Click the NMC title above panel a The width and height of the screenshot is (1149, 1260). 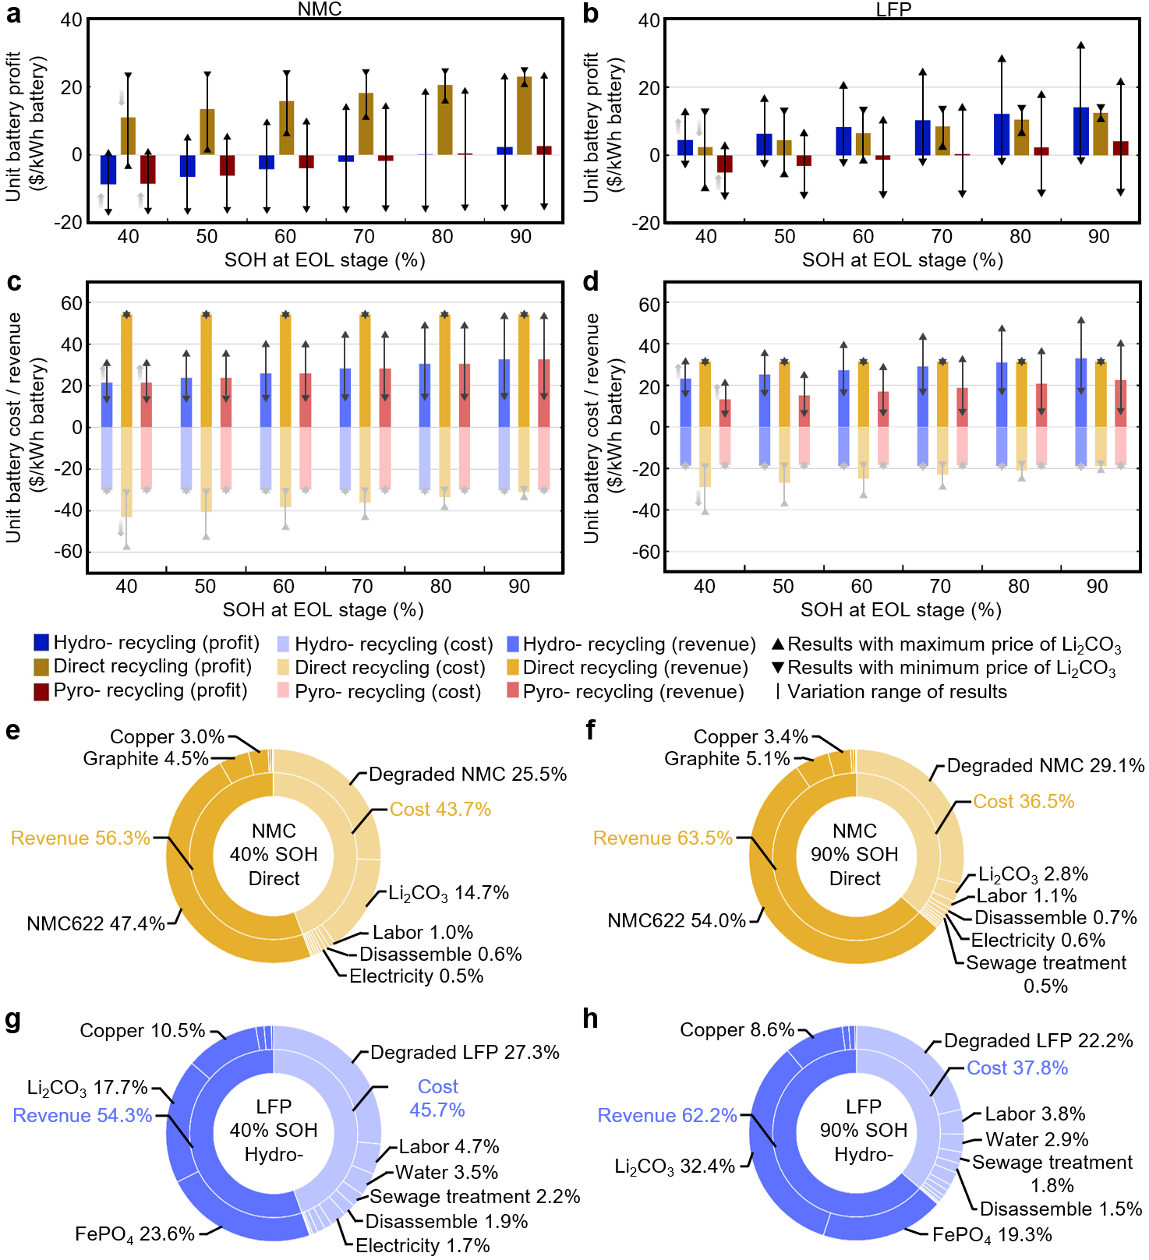click(x=320, y=9)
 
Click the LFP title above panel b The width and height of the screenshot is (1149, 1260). click(x=893, y=9)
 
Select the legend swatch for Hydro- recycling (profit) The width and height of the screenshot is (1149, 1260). click(x=41, y=643)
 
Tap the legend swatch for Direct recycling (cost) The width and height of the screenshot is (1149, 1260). click(x=283, y=668)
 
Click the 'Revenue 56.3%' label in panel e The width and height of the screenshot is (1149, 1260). click(x=80, y=838)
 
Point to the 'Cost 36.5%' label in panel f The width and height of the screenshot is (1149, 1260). click(x=1023, y=802)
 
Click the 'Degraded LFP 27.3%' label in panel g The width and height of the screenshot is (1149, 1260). click(x=465, y=1053)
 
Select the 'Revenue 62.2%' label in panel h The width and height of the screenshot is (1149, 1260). click(x=667, y=1116)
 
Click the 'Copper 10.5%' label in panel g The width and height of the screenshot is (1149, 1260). click(x=143, y=1031)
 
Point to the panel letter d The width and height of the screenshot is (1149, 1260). click(x=591, y=282)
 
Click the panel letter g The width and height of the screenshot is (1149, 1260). click(x=12, y=1019)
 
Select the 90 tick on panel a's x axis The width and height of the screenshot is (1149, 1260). click(x=521, y=237)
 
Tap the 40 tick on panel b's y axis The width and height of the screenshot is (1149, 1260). click(x=649, y=20)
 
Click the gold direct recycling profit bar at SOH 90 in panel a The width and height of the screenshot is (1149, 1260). click(x=525, y=115)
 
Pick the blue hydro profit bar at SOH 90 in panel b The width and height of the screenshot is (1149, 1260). click(x=1080, y=131)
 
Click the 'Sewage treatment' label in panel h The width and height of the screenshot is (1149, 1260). click(x=1052, y=1163)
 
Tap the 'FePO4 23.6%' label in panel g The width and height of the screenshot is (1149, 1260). click(x=135, y=1234)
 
